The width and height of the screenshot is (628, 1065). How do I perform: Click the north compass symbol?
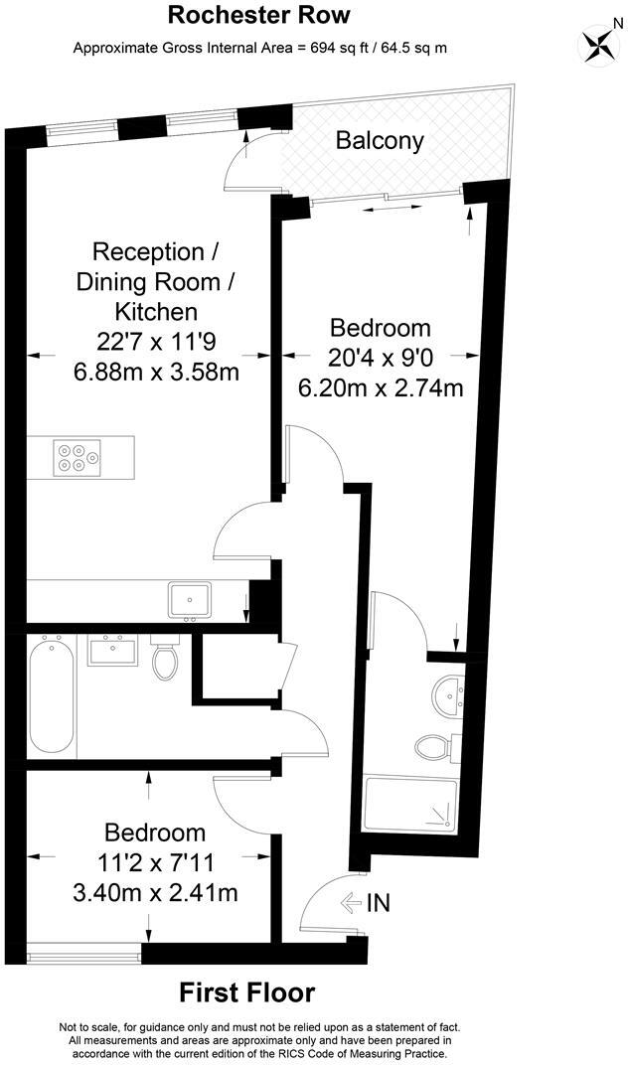(x=599, y=44)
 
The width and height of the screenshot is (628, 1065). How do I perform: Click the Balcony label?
(x=380, y=141)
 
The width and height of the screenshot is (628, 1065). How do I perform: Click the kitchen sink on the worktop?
(x=189, y=599)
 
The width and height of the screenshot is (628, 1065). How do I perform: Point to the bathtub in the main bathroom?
(x=51, y=697)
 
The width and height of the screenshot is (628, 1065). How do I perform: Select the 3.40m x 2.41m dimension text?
(x=157, y=893)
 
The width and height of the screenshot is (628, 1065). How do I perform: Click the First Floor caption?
(x=247, y=991)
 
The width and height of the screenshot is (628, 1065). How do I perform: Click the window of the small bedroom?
(x=84, y=957)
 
